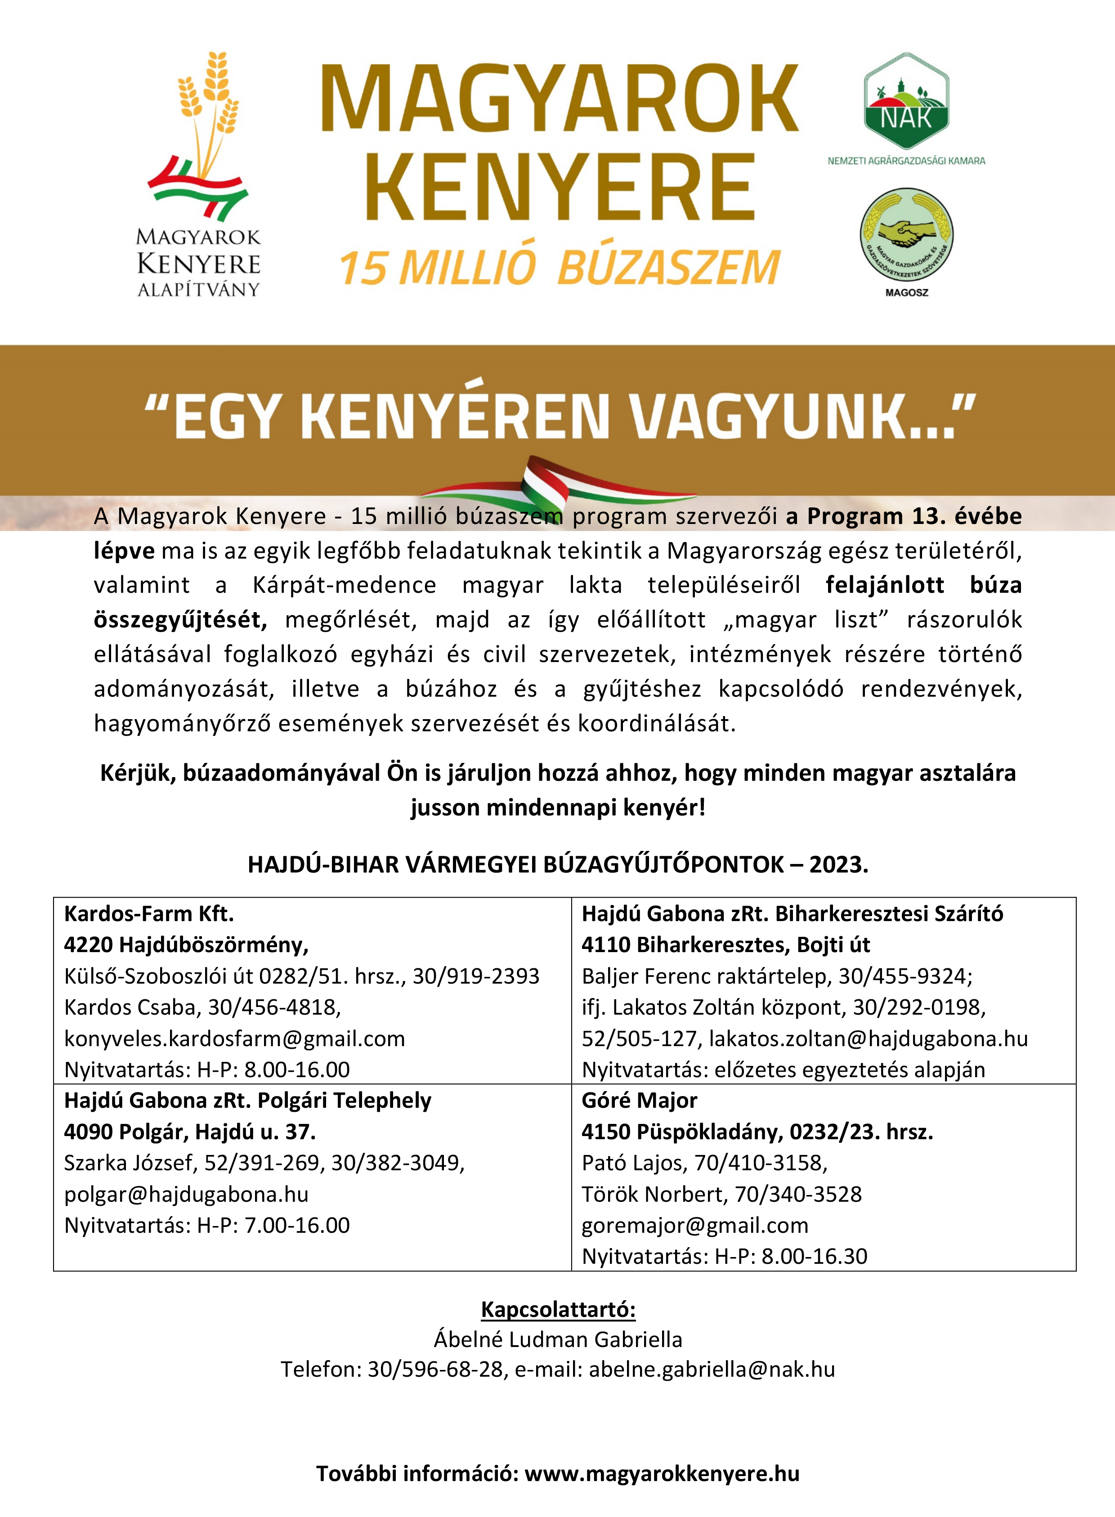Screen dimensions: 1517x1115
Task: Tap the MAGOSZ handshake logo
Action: (x=906, y=236)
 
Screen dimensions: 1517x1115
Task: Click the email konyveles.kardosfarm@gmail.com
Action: (x=234, y=1038)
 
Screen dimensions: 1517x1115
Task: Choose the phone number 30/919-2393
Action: (x=476, y=976)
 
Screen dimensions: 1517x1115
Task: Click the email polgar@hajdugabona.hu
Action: (x=186, y=1194)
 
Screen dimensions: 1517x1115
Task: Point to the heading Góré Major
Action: (x=639, y=1101)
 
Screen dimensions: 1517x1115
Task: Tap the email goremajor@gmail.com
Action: (x=694, y=1225)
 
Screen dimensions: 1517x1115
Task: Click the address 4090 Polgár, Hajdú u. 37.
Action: (x=190, y=1132)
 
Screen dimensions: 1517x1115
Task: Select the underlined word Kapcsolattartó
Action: (x=558, y=1310)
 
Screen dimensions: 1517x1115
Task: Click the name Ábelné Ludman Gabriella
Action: (x=558, y=1339)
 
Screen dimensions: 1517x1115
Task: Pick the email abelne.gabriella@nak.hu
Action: (x=712, y=1369)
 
